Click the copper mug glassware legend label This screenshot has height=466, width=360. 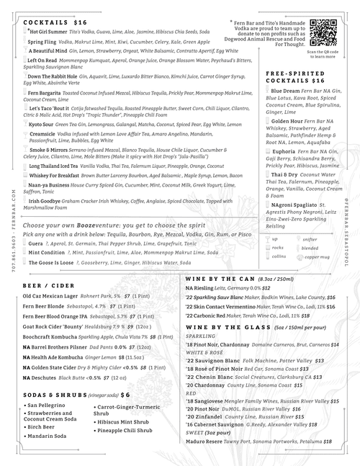point(318,256)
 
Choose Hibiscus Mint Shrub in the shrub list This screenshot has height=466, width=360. point(122,423)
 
